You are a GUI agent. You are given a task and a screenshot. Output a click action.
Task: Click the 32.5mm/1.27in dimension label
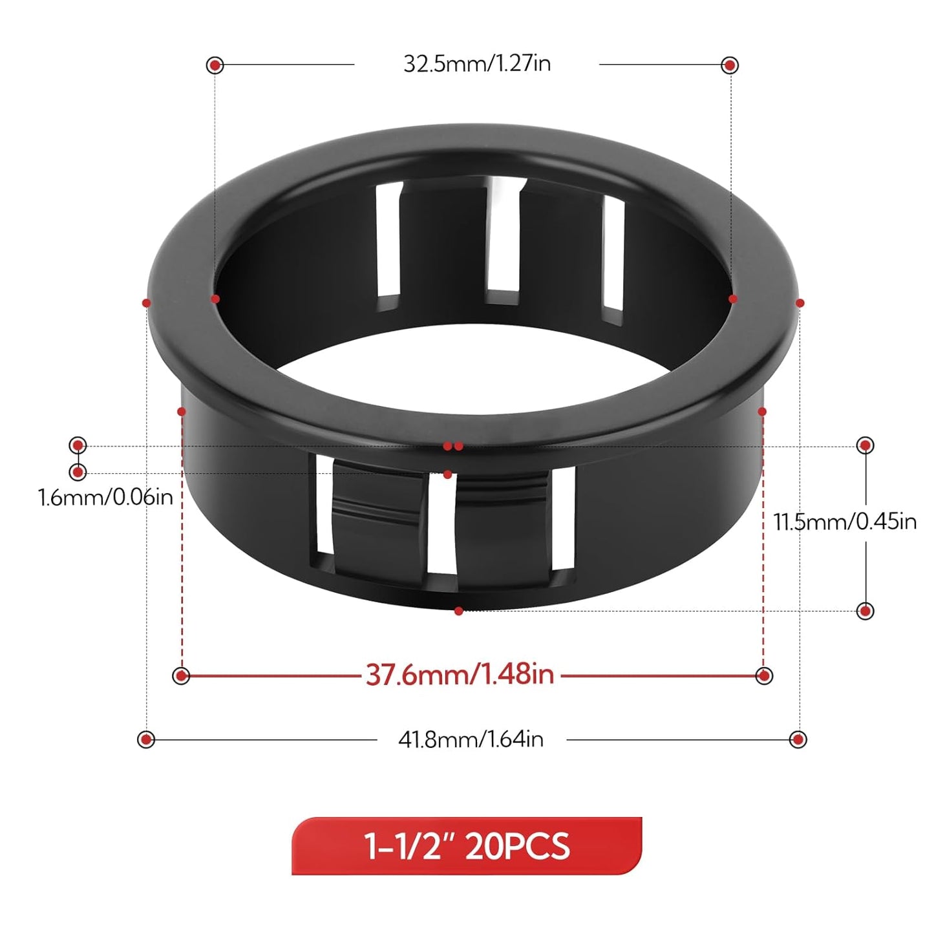coord(477,64)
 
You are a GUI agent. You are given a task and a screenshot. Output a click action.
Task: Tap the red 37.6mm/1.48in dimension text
coord(460,675)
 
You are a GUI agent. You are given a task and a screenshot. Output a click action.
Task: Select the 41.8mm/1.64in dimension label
coord(471,739)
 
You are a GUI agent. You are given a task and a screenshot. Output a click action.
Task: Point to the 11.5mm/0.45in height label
coord(845,521)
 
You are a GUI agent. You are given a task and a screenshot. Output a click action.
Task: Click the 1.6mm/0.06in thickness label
coord(105,497)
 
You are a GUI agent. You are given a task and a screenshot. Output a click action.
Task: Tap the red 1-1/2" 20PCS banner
coord(467,845)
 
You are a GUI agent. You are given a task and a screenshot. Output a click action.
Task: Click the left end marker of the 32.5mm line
coord(215,65)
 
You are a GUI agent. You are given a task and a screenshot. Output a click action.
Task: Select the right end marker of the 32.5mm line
coord(730,65)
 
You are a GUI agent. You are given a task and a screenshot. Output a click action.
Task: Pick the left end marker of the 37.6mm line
coord(182,676)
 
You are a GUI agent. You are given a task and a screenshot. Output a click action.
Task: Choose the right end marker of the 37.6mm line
coord(764,676)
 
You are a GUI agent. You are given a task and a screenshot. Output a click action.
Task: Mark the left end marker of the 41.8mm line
coord(147,739)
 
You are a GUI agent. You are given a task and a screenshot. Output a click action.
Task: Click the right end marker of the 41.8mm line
coord(798,739)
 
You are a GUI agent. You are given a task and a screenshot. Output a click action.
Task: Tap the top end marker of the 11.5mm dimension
coord(865,445)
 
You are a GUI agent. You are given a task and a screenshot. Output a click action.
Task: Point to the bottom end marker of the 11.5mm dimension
coord(865,611)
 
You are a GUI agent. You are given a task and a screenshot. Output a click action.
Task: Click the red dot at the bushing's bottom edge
coord(458,611)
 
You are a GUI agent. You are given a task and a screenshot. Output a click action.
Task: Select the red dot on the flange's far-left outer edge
coord(147,303)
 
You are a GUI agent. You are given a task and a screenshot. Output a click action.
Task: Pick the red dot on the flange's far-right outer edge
coord(800,303)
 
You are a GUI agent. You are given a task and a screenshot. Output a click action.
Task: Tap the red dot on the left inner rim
coord(215,299)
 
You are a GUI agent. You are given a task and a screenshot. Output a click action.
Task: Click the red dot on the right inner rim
coord(732,299)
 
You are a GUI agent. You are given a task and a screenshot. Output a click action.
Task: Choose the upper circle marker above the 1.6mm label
coord(78,445)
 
